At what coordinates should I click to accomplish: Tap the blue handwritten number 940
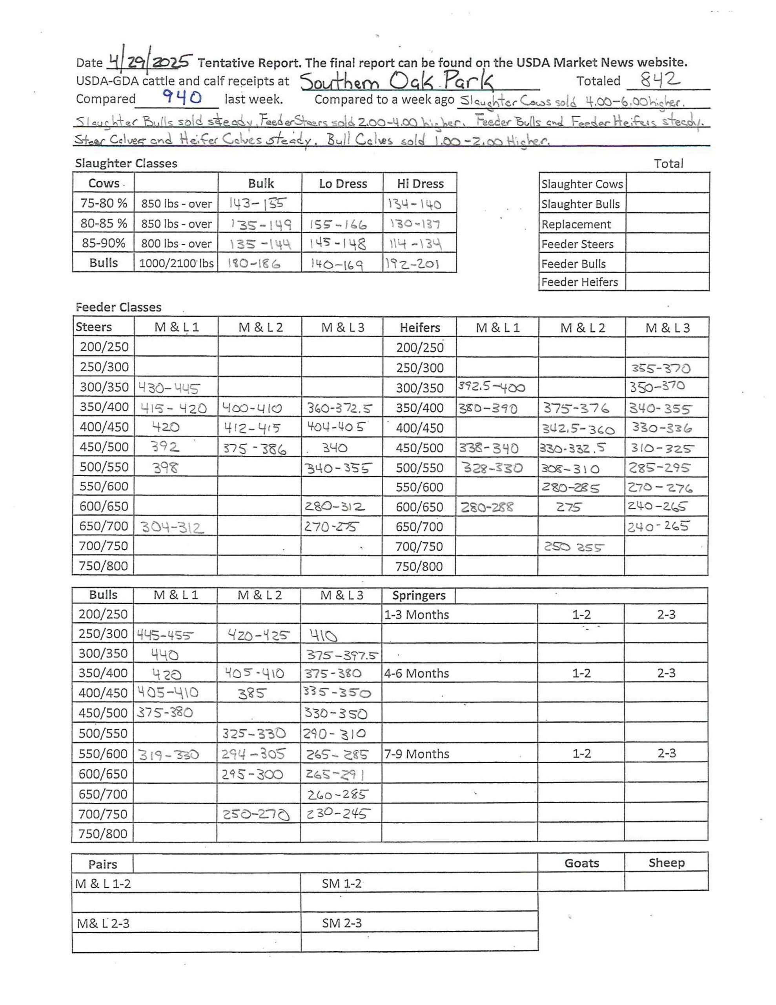182,97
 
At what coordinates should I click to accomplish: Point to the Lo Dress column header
343,184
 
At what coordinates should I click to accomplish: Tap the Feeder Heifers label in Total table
579,281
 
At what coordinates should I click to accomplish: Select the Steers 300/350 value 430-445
169,389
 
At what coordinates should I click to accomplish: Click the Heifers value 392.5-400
491,387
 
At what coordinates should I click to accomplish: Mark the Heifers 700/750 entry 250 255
574,547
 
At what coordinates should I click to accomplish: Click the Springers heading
419,596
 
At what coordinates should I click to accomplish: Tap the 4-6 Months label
416,673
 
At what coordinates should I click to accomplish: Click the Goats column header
581,863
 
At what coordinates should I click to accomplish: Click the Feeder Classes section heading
119,307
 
